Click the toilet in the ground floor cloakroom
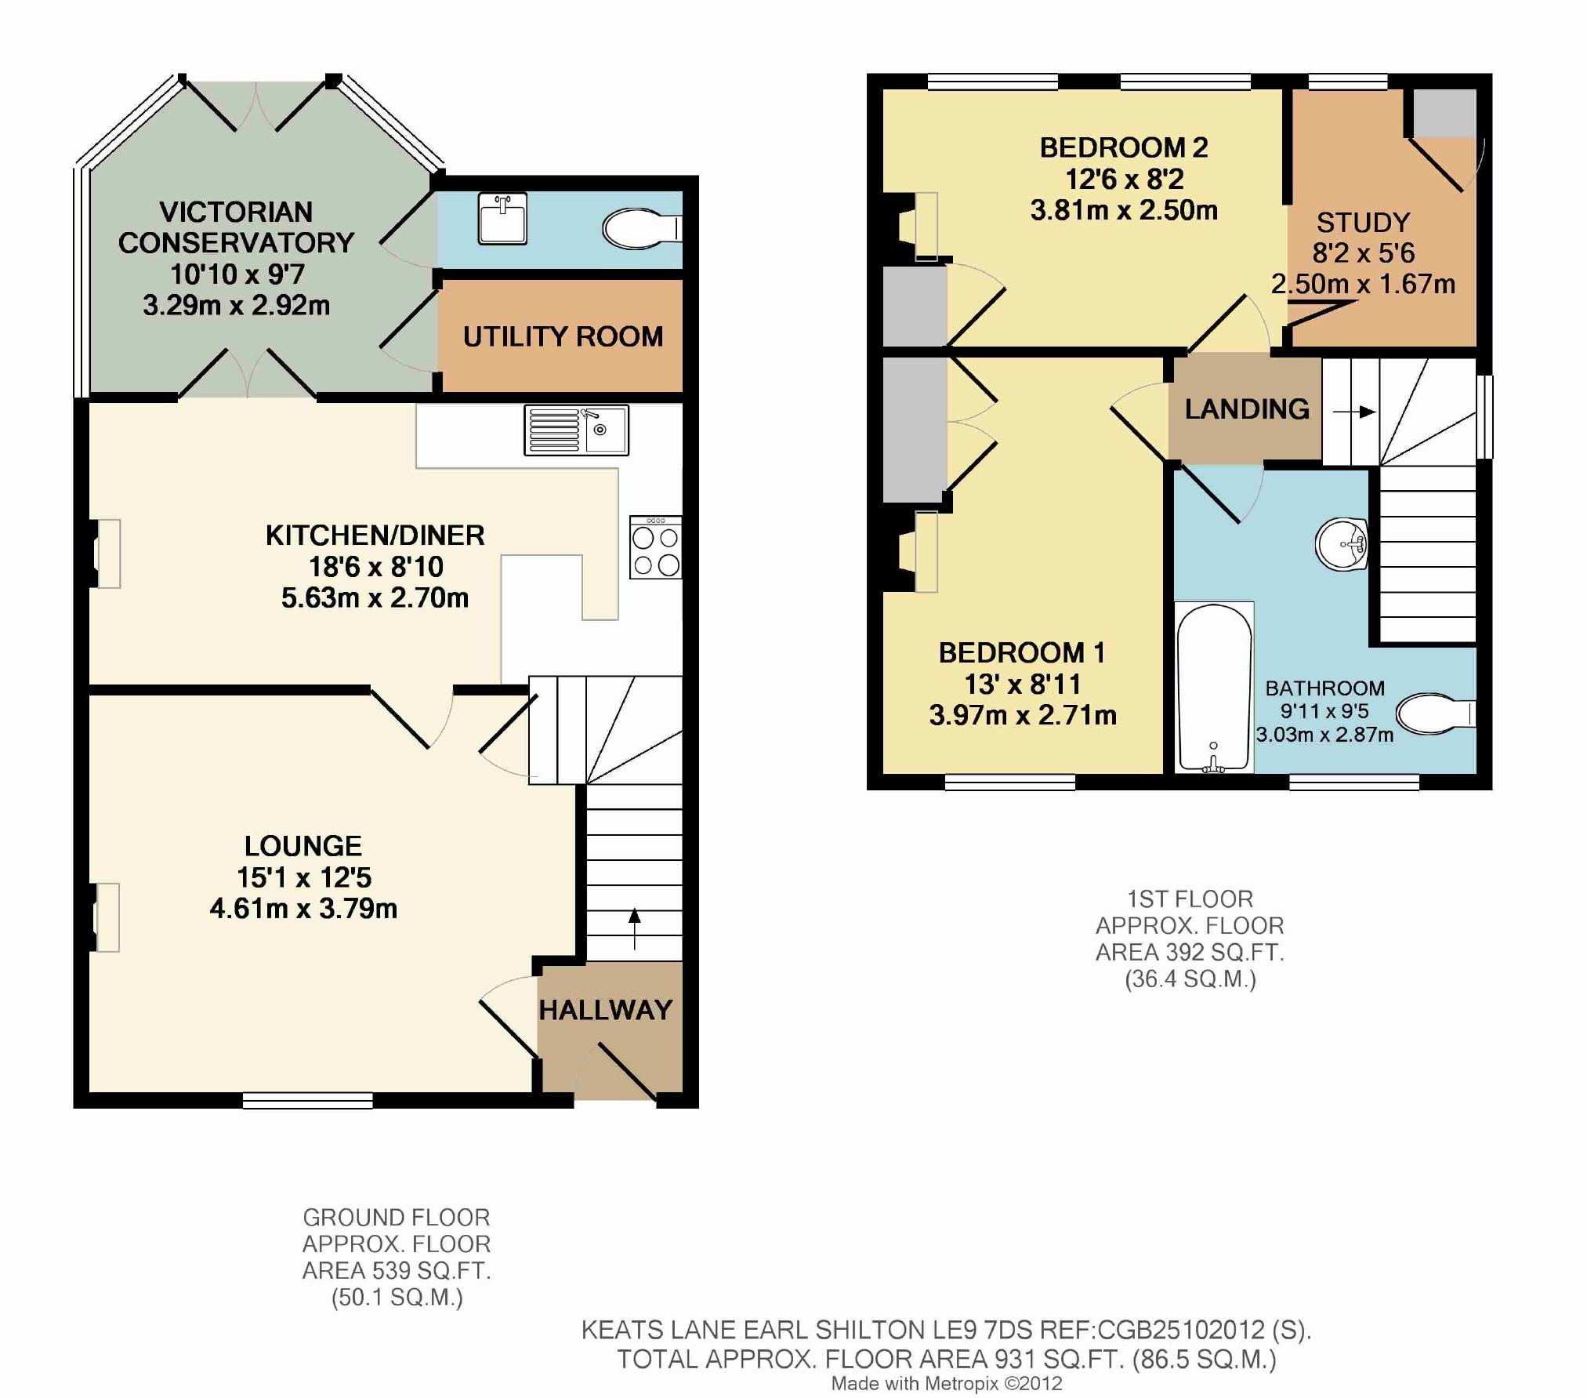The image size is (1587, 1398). [642, 228]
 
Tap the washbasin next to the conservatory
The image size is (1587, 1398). [502, 219]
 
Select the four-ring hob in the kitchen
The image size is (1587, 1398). [656, 547]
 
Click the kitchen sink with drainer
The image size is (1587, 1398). [576, 430]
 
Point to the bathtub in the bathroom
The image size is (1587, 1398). [1214, 688]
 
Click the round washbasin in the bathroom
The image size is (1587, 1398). [1342, 543]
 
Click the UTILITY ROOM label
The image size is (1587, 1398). [563, 336]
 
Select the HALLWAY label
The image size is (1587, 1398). [606, 1010]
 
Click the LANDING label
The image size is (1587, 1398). [1247, 409]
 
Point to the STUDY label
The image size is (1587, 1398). [1364, 223]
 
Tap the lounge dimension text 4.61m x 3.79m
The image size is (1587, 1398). [303, 909]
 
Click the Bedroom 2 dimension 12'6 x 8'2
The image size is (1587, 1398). [1124, 180]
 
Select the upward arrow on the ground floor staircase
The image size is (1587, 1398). [635, 928]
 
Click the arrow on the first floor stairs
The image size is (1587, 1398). [1354, 412]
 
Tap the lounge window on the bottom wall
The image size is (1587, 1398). [308, 1101]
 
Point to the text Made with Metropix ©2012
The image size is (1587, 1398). [947, 1384]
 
